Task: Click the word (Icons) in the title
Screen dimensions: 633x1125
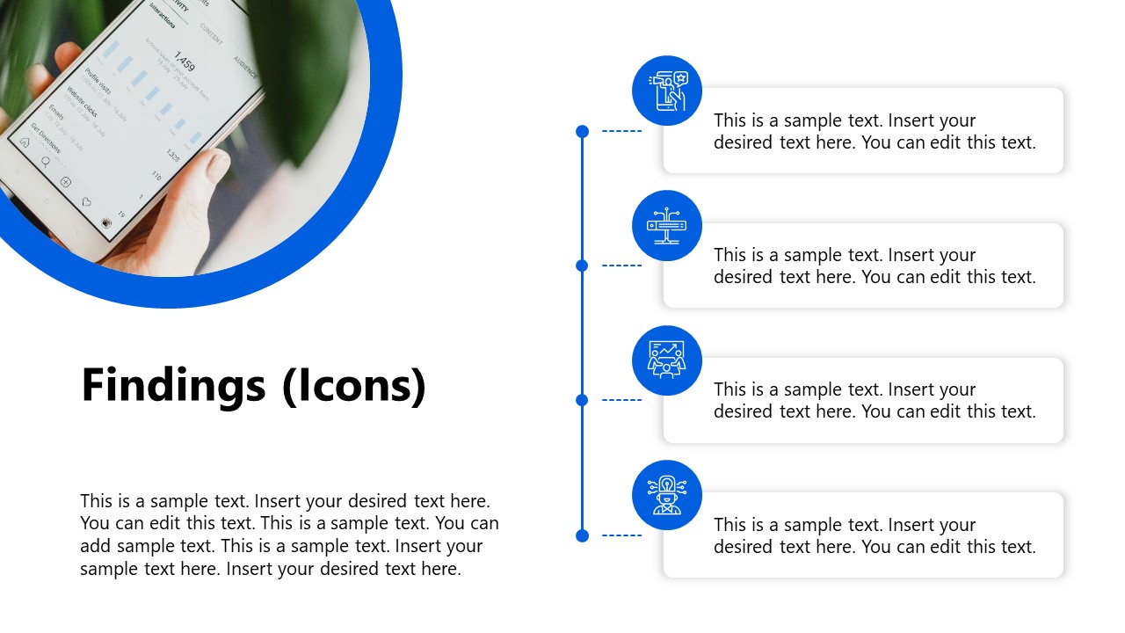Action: tap(354, 386)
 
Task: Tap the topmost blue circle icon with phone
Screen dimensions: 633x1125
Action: tap(667, 91)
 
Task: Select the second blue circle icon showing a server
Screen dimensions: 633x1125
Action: tap(667, 225)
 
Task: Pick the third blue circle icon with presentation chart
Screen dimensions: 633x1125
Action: tap(667, 360)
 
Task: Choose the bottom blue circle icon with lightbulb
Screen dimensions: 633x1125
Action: tap(667, 495)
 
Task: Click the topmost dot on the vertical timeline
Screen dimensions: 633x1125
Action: tap(582, 131)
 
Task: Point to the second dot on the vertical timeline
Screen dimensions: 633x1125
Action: tap(582, 266)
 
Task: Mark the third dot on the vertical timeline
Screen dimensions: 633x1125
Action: tap(582, 400)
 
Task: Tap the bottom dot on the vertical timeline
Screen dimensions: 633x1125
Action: tap(582, 535)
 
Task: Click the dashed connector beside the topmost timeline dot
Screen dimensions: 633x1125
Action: tap(621, 131)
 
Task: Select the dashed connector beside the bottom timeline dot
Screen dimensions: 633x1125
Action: tap(621, 535)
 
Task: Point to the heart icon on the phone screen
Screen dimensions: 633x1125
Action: tap(86, 202)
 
